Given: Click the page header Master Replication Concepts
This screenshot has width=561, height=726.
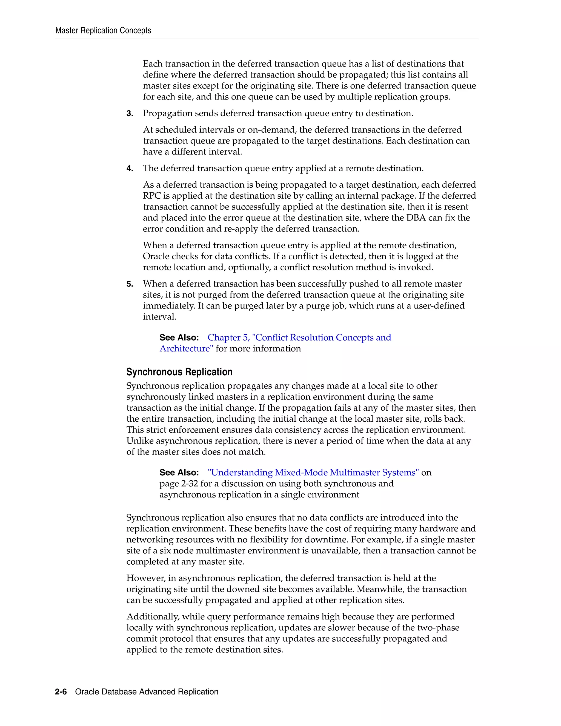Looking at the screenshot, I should coord(103,31).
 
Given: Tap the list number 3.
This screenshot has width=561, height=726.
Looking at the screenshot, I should coord(130,114).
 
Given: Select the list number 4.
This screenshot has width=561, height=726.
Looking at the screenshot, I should coord(130,168).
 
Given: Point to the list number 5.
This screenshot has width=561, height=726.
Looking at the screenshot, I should coord(130,284).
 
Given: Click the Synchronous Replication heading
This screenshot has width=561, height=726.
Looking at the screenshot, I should coord(179,372).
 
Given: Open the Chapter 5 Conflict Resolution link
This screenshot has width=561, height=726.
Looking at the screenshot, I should coord(299,338).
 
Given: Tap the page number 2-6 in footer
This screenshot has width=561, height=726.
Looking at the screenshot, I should coord(61,692).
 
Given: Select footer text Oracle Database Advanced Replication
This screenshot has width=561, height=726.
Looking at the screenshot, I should coord(147,692).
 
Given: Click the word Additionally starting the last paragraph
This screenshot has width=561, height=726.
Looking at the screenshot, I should coord(153,616).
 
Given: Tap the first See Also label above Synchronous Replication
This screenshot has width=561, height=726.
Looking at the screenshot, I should coord(179,338).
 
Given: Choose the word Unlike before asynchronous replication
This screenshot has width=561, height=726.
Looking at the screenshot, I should coord(140,441).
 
